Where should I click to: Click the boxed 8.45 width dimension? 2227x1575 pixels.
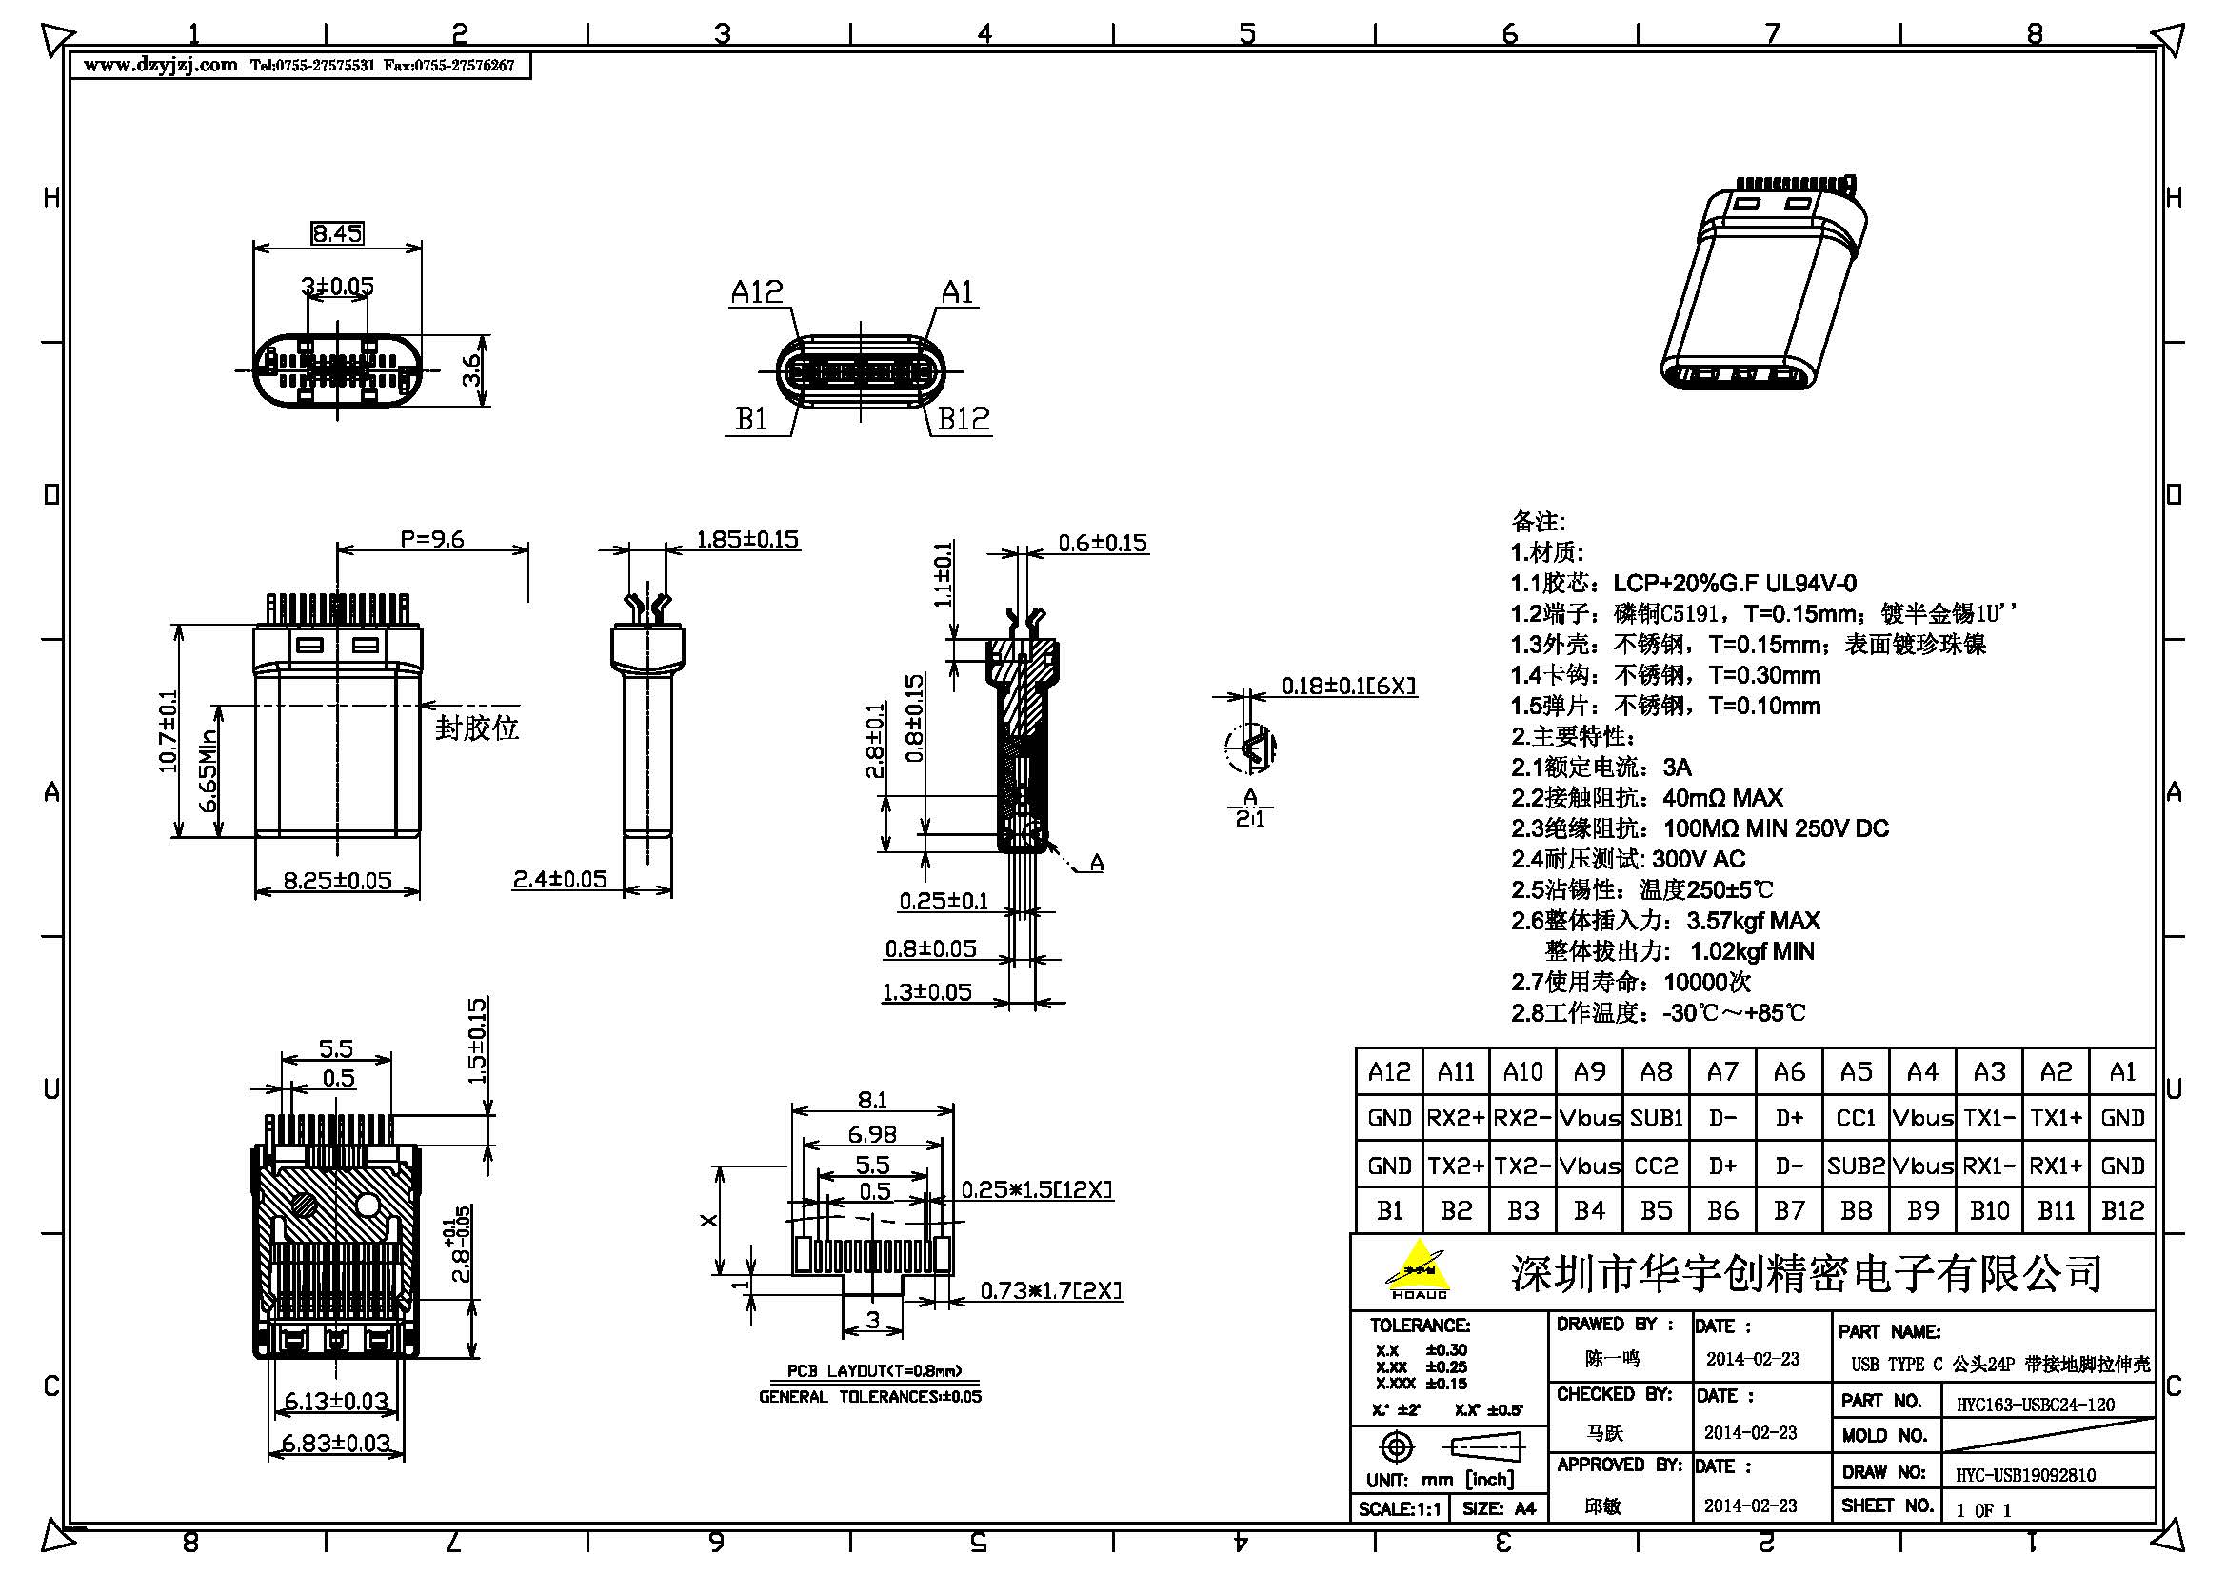point(336,232)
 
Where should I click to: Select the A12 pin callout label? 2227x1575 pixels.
point(757,292)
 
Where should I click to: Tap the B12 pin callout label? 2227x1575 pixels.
point(964,419)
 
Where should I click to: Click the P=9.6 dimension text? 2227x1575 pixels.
point(431,539)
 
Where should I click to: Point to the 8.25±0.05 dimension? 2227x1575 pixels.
point(336,881)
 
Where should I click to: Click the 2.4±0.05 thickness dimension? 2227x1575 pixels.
point(560,879)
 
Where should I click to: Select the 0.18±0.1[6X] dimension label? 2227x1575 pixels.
point(1348,686)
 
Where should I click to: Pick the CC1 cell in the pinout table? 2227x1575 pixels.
point(1856,1118)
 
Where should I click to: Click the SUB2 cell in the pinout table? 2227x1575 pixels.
point(1856,1165)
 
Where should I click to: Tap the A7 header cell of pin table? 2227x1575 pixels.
point(1721,1071)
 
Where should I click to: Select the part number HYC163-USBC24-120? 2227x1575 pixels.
point(2035,1404)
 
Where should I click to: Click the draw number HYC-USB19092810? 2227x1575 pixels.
point(2025,1475)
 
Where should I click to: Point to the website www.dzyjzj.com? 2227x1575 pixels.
point(161,65)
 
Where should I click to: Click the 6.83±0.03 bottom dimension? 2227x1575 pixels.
point(335,1443)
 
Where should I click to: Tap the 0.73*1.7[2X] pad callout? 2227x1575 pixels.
point(1050,1291)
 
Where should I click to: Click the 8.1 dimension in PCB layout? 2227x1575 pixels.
point(871,1100)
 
